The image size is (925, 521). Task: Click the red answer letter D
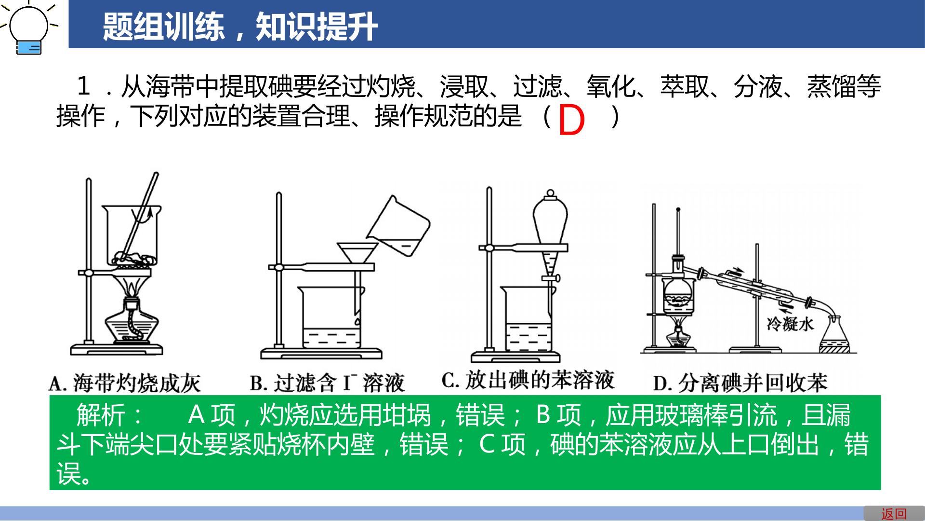point(571,121)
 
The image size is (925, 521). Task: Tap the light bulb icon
point(29,28)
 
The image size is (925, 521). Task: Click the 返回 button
point(894,514)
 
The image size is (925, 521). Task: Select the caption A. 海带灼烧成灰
point(125,384)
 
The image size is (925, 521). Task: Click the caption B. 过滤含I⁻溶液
point(327,384)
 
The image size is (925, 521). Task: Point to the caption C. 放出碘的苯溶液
point(528,380)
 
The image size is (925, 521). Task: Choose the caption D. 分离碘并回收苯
point(740,384)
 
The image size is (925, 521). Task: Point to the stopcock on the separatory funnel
point(551,278)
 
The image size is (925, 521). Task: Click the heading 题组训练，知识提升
point(240,27)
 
